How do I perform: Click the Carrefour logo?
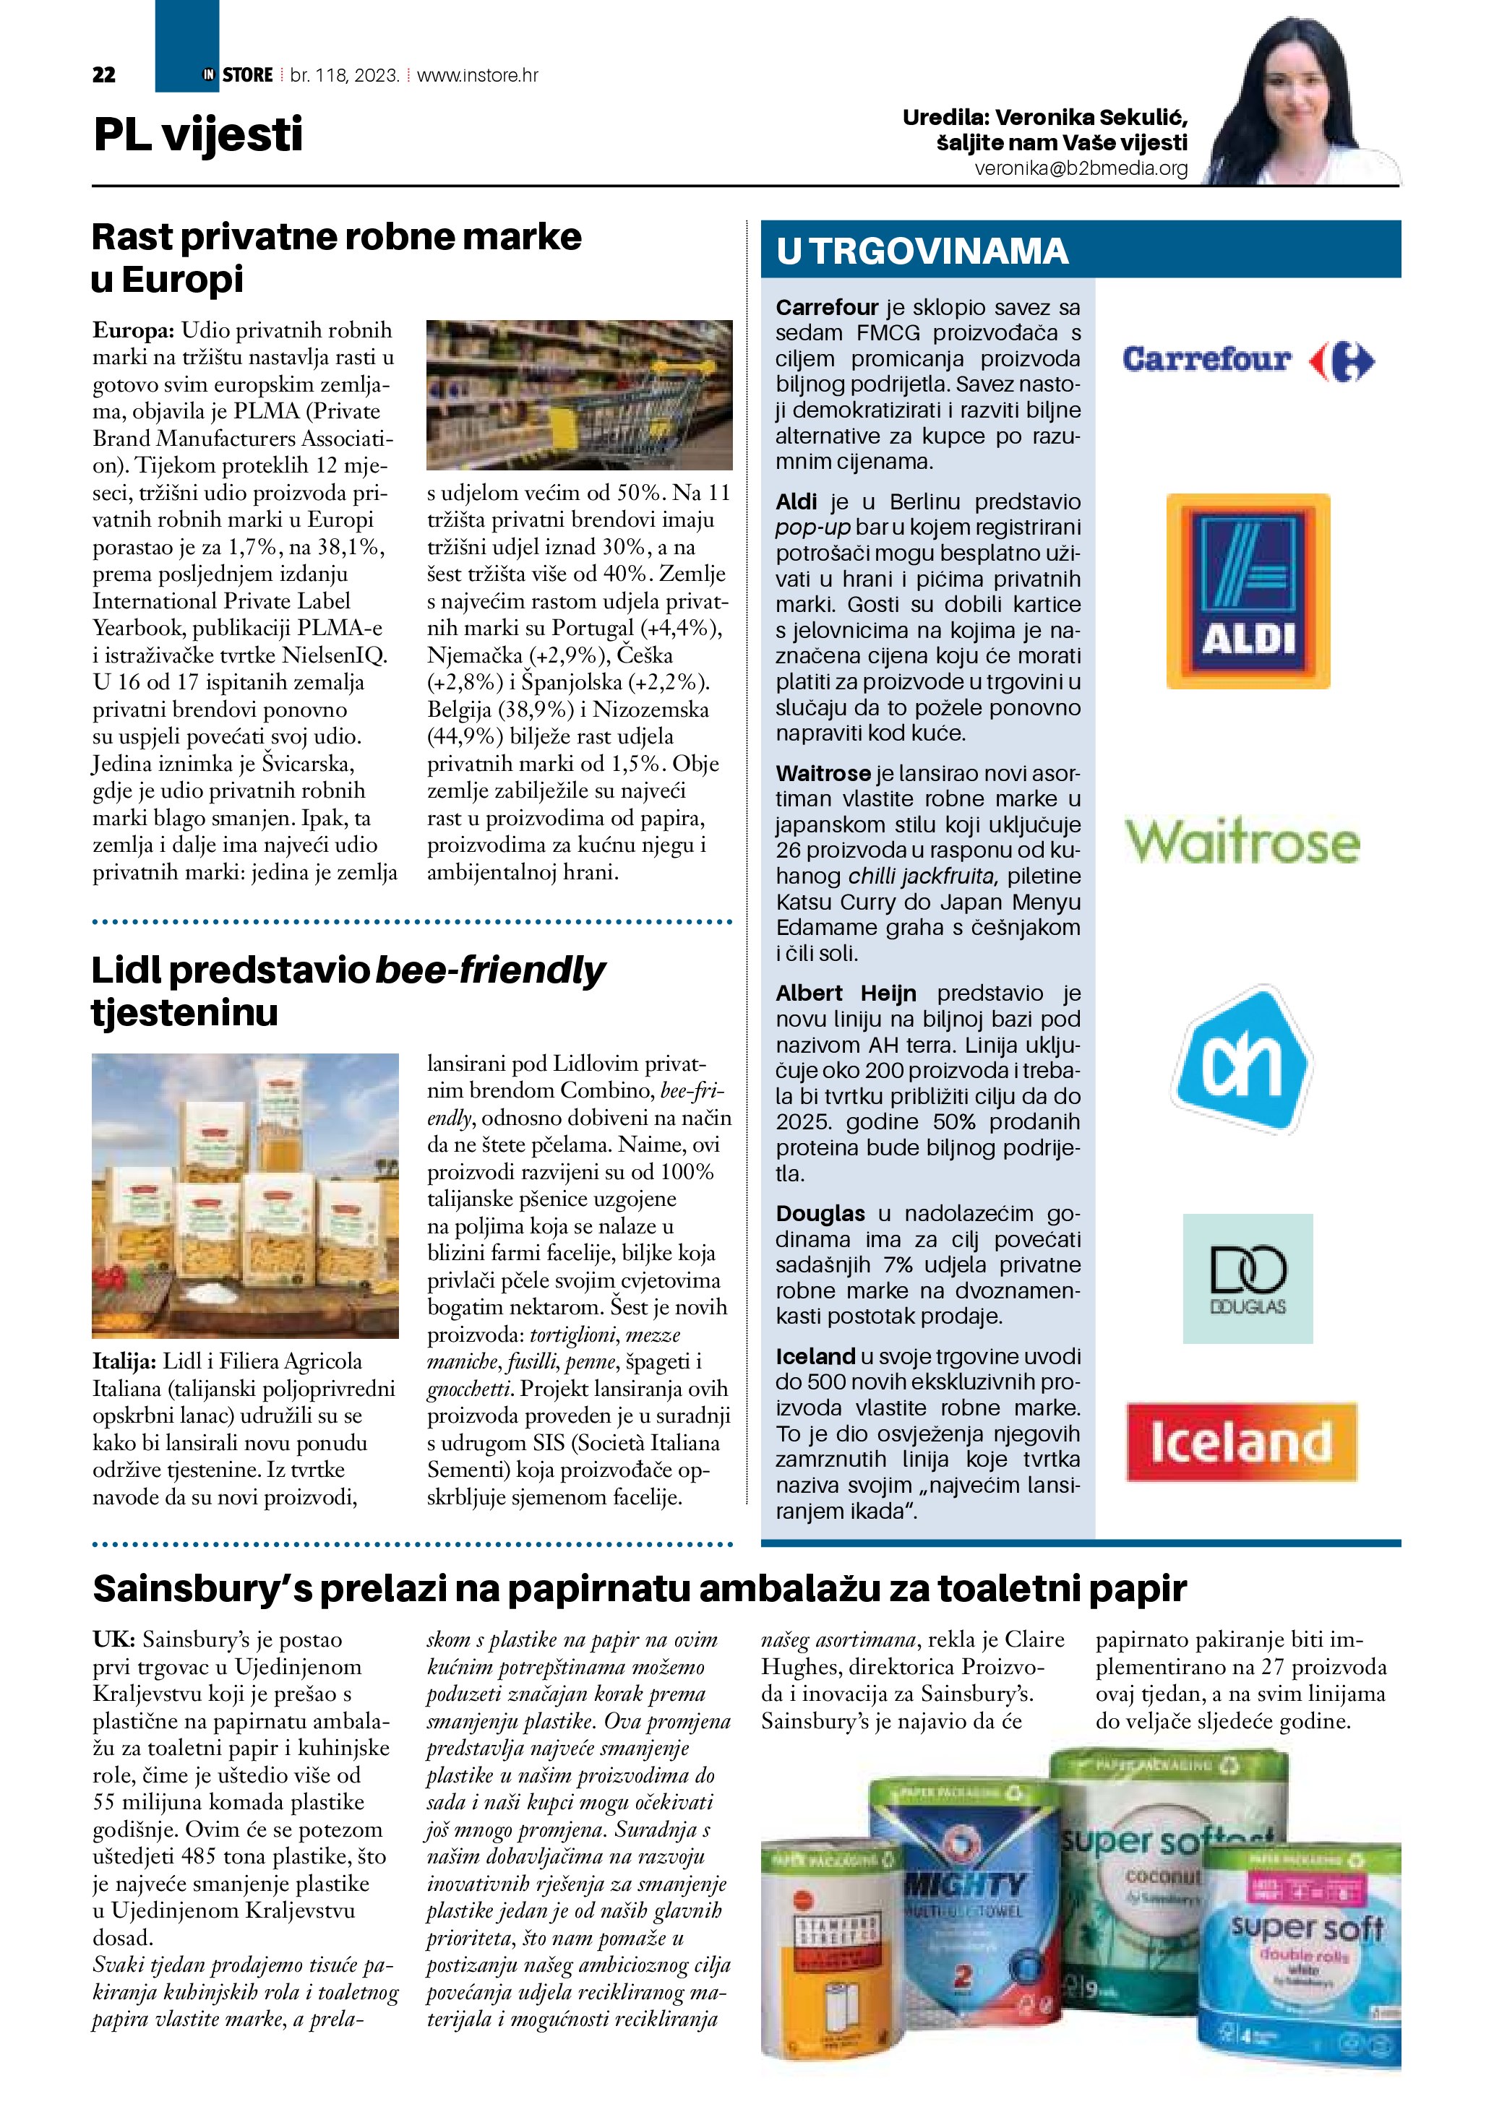(1248, 360)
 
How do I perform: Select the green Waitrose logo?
(1242, 841)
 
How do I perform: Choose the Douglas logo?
(1248, 1279)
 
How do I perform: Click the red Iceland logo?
(1241, 1441)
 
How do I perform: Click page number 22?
(104, 75)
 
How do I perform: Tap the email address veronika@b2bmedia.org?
(1081, 168)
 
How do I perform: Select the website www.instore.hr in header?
(478, 75)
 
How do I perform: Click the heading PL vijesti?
(198, 134)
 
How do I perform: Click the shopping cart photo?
(580, 395)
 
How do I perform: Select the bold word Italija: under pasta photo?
(125, 1361)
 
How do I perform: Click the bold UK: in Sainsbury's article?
(114, 1639)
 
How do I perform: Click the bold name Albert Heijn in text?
(846, 993)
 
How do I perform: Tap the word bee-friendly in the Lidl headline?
(490, 970)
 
